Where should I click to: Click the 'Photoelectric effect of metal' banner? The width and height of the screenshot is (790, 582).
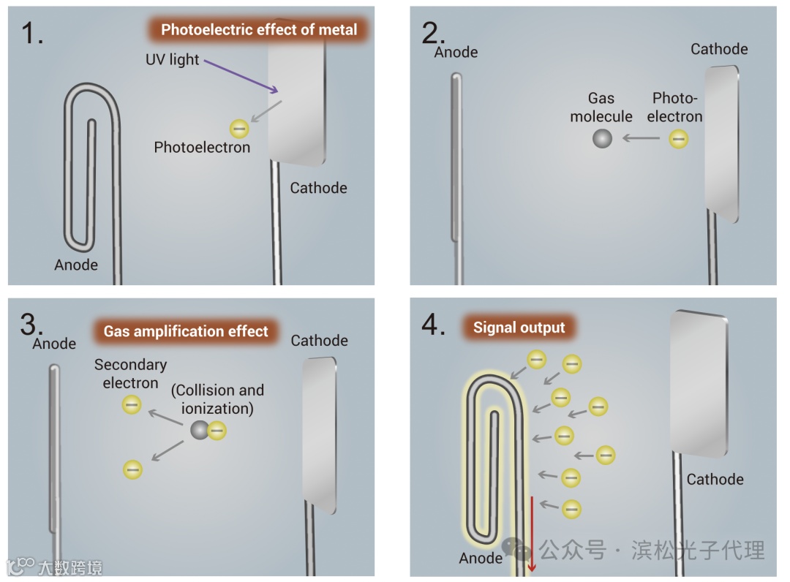click(259, 30)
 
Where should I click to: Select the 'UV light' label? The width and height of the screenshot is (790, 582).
click(172, 60)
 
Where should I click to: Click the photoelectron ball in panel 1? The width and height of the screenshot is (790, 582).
click(239, 129)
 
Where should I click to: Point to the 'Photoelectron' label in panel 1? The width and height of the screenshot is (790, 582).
click(202, 148)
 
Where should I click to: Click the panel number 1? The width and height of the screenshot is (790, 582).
click(31, 33)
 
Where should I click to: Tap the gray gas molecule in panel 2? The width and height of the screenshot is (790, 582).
click(602, 137)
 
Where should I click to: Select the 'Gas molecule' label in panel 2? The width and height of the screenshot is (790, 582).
click(601, 107)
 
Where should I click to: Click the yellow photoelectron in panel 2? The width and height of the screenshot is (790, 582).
click(679, 137)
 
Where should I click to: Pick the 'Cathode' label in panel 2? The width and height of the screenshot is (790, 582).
click(719, 49)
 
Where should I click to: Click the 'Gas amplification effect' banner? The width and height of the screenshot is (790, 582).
click(186, 331)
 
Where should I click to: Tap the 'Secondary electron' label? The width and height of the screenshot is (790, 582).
click(130, 374)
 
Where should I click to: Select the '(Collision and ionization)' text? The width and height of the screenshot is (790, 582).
click(217, 399)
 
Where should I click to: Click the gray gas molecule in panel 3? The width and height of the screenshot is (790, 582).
click(199, 431)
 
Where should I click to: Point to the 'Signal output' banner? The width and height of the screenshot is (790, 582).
click(519, 328)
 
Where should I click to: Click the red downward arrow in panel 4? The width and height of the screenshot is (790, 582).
click(533, 534)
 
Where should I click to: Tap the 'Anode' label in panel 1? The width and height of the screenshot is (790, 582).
click(76, 265)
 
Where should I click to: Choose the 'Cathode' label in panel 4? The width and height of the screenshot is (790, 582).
click(715, 480)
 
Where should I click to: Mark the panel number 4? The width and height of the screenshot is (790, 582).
click(434, 325)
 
